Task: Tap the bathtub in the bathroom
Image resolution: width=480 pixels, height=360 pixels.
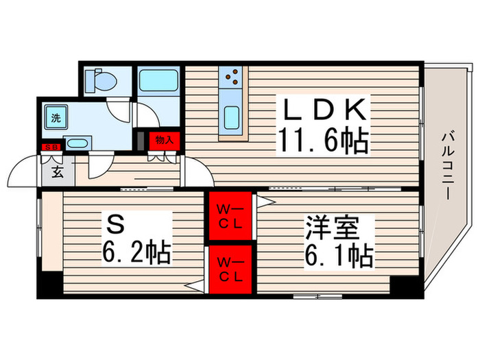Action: (x=158, y=83)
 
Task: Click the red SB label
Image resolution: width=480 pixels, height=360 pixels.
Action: (x=51, y=147)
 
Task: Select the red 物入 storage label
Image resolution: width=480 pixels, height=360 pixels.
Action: (x=165, y=140)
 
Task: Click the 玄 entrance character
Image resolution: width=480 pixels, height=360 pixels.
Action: (x=57, y=172)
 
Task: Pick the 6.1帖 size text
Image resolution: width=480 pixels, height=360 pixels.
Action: (x=339, y=256)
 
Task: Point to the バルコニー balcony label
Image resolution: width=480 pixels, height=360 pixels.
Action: (x=446, y=164)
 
